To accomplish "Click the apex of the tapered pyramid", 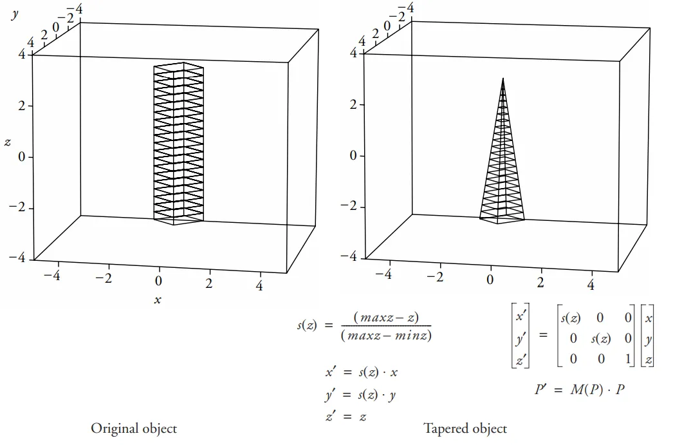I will pos(503,78).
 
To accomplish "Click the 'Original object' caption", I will pos(134,428).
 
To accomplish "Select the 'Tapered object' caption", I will pos(465,428).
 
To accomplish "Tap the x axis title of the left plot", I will pos(157,300).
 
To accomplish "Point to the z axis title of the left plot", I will pos(8,142).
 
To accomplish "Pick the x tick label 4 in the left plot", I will pos(259,285).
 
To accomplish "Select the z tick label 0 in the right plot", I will pos(353,156).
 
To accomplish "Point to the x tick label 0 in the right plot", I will pos(490,279).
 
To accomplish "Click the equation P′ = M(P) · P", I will pos(579,390).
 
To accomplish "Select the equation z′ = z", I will pos(345,417).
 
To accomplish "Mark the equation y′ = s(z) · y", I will pos(360,395).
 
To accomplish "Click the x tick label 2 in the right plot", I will pos(540,283).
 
